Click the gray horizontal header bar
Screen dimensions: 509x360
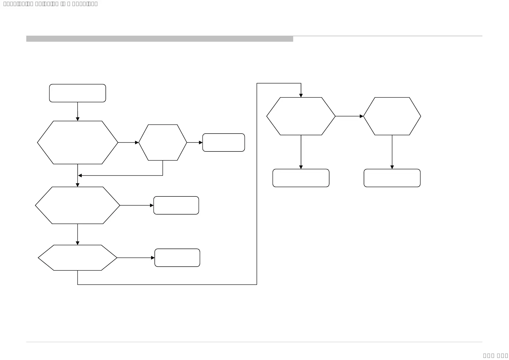160,39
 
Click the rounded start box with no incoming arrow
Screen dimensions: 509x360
77,93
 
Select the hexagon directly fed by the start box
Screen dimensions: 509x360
77,142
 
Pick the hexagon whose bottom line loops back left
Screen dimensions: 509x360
163,142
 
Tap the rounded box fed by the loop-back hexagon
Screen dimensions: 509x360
223,142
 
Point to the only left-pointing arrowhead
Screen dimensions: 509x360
80,175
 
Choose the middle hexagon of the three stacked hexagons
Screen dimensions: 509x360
77,205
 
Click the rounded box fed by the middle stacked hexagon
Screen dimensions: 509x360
176,205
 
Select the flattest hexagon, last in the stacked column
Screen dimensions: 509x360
77,258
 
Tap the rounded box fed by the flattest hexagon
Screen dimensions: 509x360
177,258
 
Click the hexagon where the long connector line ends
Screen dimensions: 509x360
301,116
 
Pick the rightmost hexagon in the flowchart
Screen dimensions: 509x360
392,116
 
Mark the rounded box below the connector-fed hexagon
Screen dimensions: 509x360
301,178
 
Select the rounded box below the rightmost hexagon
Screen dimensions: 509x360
392,178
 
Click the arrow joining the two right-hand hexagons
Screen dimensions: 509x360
349,116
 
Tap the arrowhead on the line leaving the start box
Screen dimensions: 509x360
77,119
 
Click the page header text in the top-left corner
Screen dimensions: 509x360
50,4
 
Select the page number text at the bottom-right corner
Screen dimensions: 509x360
495,355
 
